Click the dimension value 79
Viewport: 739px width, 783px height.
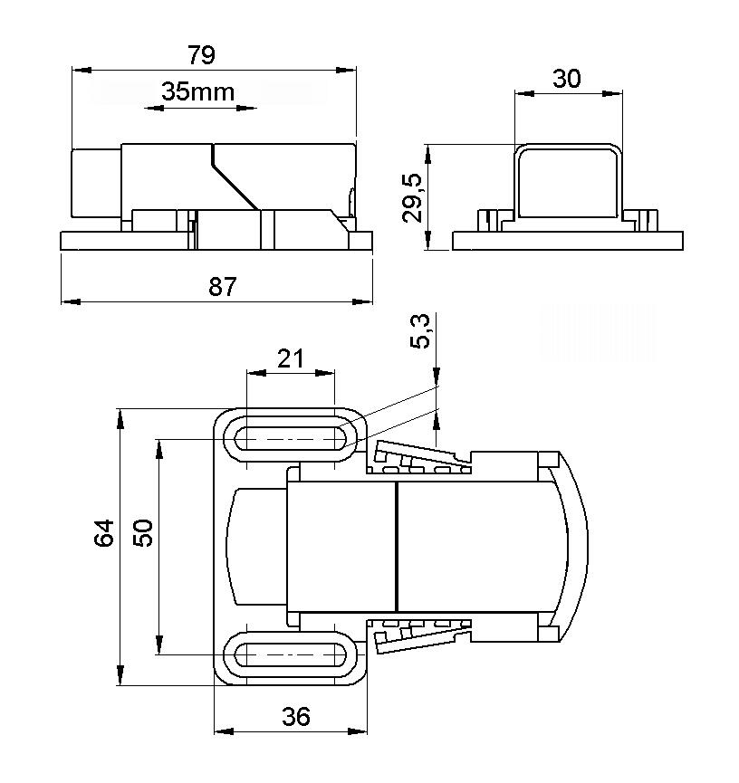tap(201, 55)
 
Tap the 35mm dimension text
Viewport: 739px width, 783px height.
tap(197, 91)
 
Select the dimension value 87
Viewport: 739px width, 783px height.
tap(222, 287)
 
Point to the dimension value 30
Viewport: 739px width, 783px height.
tap(566, 79)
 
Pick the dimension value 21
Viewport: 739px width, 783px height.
tap(290, 359)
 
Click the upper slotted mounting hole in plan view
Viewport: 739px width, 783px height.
tap(291, 439)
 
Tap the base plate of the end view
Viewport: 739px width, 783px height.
tap(568, 241)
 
